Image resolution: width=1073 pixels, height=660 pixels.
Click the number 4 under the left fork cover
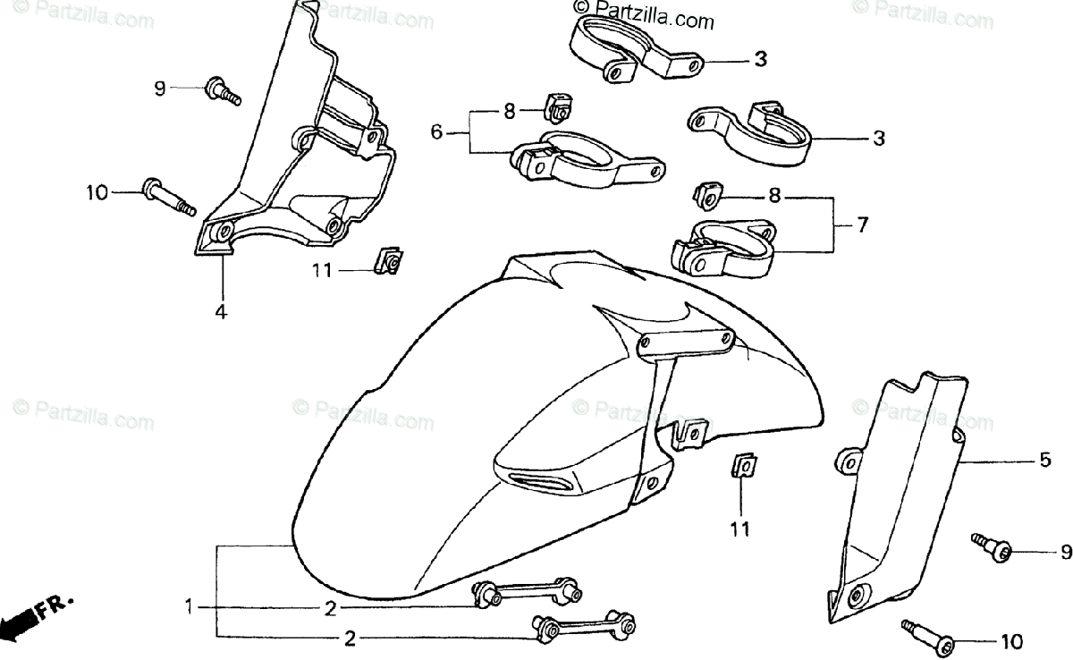[220, 312]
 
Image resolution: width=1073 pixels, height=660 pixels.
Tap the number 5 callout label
[1044, 461]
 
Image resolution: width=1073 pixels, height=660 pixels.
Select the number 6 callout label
[436, 132]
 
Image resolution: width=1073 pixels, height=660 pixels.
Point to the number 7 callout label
[862, 225]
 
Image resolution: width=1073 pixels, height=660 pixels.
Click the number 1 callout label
[189, 608]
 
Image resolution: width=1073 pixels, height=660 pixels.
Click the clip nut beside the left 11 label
[386, 261]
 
